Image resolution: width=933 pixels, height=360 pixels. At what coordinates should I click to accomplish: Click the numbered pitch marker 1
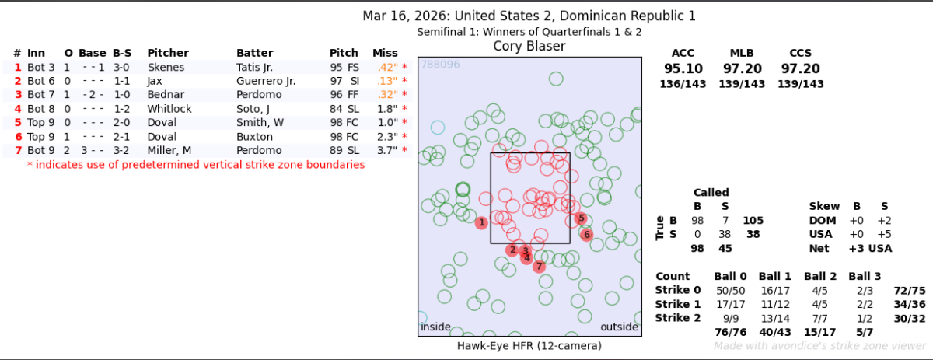[x=482, y=223]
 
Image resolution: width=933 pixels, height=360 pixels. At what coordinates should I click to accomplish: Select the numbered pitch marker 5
[x=581, y=218]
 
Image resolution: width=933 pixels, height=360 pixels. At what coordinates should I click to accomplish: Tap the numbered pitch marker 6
[x=586, y=234]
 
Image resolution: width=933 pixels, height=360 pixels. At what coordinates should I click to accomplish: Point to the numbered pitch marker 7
[x=539, y=267]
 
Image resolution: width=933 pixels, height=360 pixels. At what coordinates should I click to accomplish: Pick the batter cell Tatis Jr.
[x=256, y=67]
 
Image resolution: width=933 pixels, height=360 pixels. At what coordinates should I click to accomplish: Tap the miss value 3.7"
[x=386, y=151]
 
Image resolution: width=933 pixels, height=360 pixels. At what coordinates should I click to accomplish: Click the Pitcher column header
[x=167, y=53]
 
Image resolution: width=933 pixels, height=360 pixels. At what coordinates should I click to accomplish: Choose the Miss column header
[x=385, y=53]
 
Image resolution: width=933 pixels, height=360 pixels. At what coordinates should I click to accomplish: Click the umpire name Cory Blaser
[x=529, y=47]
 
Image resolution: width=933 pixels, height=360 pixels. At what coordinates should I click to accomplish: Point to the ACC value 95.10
[x=683, y=68]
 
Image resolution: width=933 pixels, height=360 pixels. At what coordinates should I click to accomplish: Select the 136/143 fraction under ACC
[x=683, y=84]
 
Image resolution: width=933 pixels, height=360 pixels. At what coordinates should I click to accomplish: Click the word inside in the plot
[x=435, y=327]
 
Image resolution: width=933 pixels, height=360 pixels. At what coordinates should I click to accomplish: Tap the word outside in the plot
[x=620, y=327]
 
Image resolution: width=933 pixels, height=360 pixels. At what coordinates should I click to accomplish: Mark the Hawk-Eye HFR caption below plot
[x=529, y=345]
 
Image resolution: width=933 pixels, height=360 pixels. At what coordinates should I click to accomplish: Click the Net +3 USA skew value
[x=870, y=249]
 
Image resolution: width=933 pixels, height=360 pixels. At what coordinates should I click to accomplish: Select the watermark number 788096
[x=440, y=65]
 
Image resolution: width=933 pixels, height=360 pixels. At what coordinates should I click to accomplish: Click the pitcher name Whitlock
[x=169, y=109]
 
